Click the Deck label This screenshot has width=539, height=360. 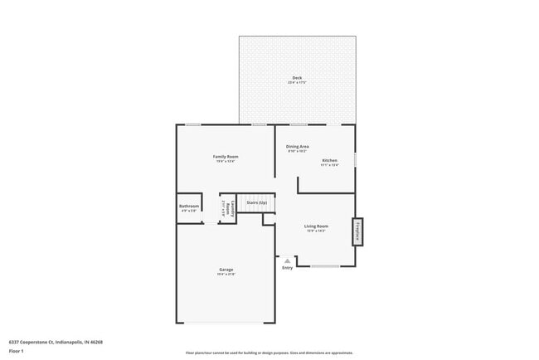point(296,78)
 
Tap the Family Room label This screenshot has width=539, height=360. point(226,157)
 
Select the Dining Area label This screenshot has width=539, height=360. point(298,147)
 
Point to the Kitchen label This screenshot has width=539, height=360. point(330,160)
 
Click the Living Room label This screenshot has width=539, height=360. point(317,226)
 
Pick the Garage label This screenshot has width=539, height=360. point(226,269)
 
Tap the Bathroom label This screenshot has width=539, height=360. point(189,207)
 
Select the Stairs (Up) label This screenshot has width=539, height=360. point(257,202)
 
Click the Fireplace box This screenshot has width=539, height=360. point(357,231)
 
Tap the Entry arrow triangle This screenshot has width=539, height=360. point(288,260)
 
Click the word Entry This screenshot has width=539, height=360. point(288,268)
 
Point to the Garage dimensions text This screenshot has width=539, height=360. point(226,274)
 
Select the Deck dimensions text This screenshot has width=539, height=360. point(296,83)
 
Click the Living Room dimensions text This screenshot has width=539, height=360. point(317,231)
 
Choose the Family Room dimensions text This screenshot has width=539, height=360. point(226,162)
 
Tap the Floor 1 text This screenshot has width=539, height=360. point(17,351)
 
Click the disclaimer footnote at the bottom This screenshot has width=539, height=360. point(269,353)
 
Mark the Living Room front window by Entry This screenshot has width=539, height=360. point(325,266)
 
